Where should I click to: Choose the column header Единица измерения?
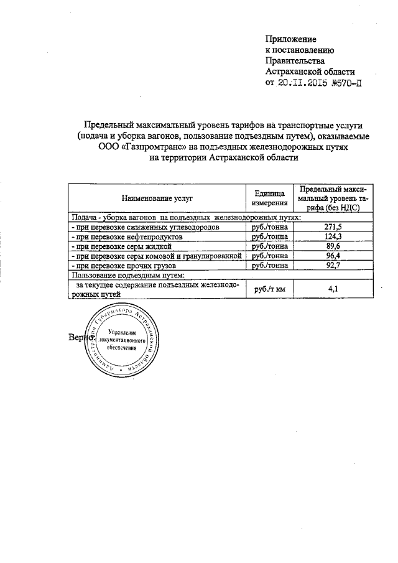tap(269, 198)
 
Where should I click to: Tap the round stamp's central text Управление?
tap(123, 334)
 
